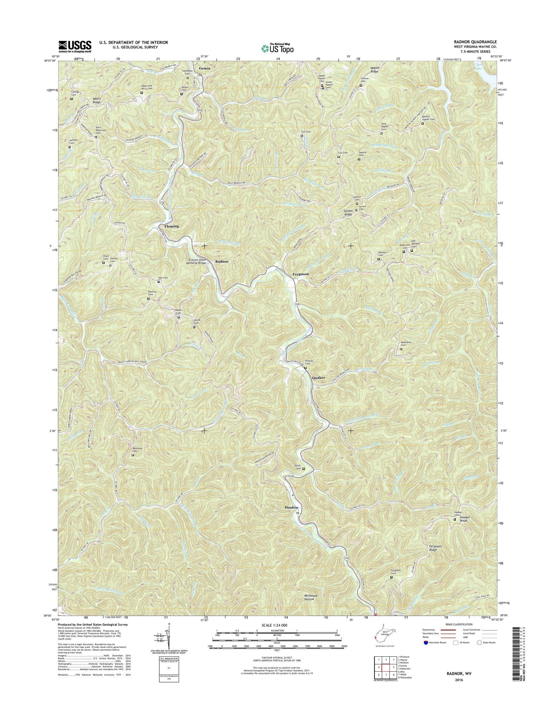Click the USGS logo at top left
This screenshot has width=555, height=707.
pyautogui.click(x=75, y=46)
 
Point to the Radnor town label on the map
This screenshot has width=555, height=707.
pyautogui.click(x=222, y=261)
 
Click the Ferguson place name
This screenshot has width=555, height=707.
pyautogui.click(x=301, y=274)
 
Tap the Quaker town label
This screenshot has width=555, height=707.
pyautogui.click(x=318, y=378)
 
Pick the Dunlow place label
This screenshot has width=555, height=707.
pyautogui.click(x=292, y=507)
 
